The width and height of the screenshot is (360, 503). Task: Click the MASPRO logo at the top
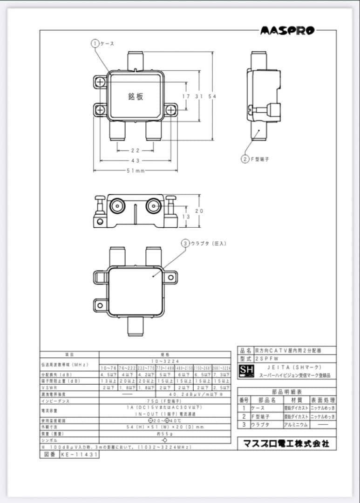(x=287, y=31)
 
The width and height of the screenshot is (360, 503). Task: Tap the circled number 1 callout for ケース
(x=95, y=43)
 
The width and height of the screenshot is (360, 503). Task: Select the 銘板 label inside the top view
(x=136, y=96)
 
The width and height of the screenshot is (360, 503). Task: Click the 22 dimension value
(x=135, y=150)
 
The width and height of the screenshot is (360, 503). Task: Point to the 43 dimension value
(x=135, y=160)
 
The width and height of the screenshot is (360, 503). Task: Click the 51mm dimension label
(x=136, y=170)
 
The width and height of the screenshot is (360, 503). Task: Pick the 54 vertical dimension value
(x=212, y=96)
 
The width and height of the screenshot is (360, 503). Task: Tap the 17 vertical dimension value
(x=186, y=96)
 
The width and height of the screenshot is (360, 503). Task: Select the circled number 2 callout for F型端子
(x=245, y=159)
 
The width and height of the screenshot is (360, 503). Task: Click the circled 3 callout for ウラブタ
(x=185, y=243)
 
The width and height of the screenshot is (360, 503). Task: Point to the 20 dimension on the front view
(x=199, y=211)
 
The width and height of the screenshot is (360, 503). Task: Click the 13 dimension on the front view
(x=186, y=217)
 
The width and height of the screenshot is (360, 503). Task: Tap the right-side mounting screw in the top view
(x=171, y=110)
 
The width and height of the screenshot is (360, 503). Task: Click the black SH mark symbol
(x=245, y=371)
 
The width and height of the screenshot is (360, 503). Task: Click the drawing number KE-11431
(x=79, y=455)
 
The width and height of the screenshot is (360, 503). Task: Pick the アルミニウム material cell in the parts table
(x=296, y=425)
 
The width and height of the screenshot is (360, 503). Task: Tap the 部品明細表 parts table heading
(x=286, y=392)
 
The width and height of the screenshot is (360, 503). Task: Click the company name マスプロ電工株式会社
(x=286, y=443)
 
